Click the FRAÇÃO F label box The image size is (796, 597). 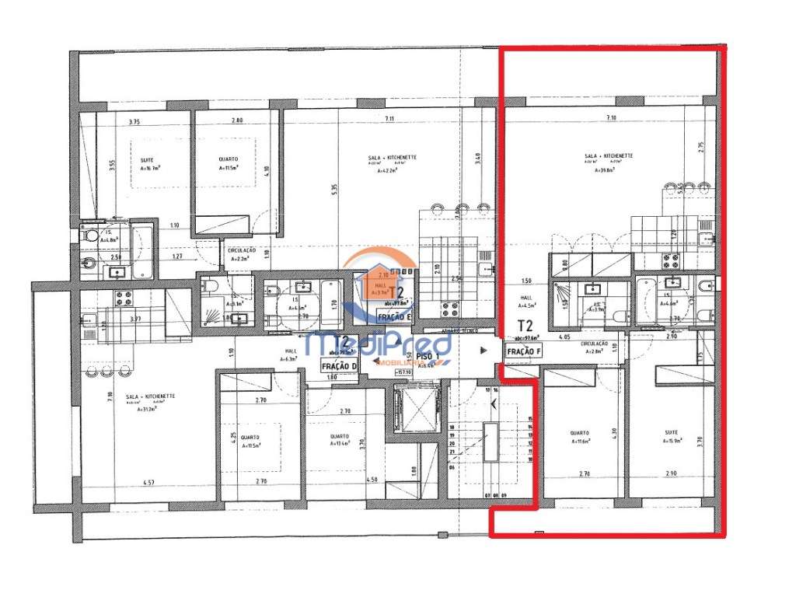coord(523,351)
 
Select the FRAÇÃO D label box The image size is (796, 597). coord(338,366)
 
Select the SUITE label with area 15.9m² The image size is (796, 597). coord(671,433)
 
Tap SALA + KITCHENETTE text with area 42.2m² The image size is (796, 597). coord(393,157)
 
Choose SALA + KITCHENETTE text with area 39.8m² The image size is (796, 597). coord(608,155)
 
